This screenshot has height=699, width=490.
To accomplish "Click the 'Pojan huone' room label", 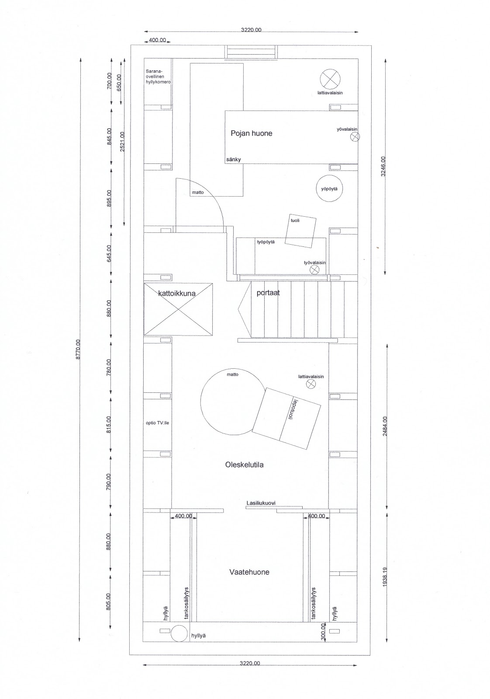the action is point(251,133).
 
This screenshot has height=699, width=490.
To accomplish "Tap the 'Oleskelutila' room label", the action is point(244,465).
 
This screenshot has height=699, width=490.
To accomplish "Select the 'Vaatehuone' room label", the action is point(249,572).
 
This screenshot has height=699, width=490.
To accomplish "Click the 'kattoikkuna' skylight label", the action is point(176,294).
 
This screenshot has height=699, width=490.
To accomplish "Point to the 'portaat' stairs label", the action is point(268,293).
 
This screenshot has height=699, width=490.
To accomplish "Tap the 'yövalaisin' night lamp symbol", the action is point(355,137).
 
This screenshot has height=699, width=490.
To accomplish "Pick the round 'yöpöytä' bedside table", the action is point(329,189).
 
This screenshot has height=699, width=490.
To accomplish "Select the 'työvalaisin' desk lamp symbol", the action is point(314,270).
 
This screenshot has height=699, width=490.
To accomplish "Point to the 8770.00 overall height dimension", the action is point(78,349).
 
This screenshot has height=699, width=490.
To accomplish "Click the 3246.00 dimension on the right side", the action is point(383,166).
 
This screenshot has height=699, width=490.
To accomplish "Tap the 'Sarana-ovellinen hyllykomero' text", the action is point(158,76).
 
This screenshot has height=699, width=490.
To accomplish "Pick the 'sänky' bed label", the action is point(234,159).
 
